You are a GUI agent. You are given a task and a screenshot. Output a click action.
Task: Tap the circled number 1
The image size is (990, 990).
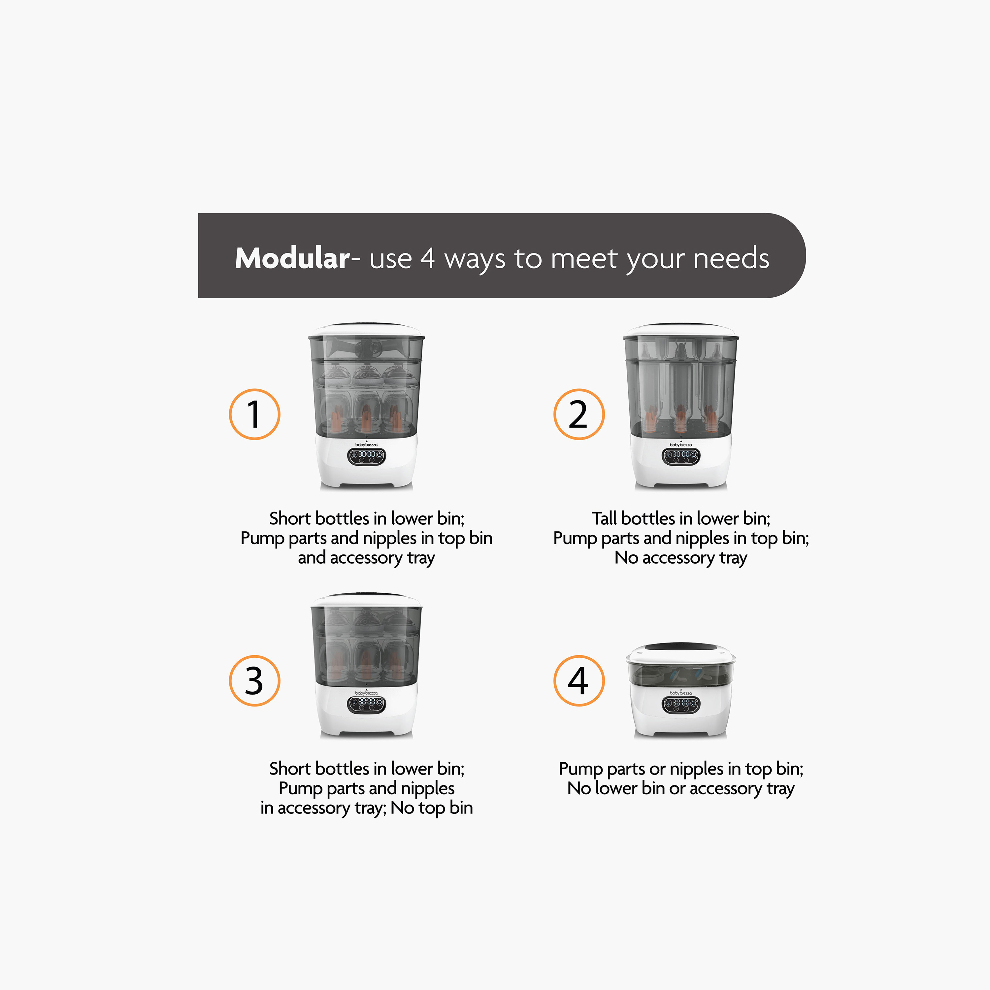(x=254, y=414)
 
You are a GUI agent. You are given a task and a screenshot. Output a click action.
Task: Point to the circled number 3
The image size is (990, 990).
(x=254, y=680)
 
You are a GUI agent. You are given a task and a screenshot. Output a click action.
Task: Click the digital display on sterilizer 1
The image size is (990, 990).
(x=366, y=456)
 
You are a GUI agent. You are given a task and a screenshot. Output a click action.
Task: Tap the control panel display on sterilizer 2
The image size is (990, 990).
(x=680, y=456)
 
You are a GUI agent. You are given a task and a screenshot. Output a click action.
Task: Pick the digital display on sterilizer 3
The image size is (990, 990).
(x=366, y=704)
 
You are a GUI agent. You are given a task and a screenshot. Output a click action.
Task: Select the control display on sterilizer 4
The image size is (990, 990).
(x=680, y=704)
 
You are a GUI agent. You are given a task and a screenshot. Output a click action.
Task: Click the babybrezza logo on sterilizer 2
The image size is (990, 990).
(x=680, y=444)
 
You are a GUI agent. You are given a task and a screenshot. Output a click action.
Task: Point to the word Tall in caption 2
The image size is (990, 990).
(x=604, y=518)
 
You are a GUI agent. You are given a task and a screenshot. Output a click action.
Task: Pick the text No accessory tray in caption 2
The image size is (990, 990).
(x=680, y=557)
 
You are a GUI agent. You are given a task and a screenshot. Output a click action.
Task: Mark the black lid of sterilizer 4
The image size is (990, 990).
(x=680, y=647)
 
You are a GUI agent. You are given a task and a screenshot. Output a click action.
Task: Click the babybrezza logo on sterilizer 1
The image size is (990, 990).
(x=366, y=444)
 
